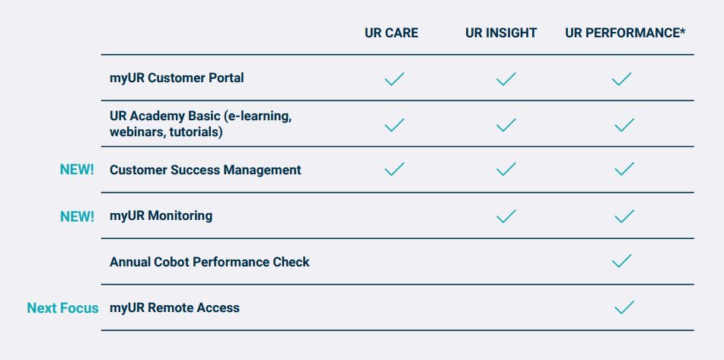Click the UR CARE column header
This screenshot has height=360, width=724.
tap(391, 33)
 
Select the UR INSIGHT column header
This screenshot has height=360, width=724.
tap(501, 33)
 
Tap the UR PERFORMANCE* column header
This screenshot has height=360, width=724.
tap(625, 33)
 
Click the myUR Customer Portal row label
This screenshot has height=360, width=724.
tap(177, 78)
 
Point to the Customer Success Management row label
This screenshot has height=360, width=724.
tap(206, 170)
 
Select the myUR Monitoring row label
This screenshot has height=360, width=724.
tap(161, 216)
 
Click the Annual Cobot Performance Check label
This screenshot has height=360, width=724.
tap(209, 262)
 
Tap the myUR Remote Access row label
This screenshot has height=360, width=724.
tap(174, 307)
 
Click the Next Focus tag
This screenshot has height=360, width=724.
tap(62, 307)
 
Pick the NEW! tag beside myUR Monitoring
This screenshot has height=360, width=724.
tap(77, 216)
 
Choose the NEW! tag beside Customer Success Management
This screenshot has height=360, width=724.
tap(77, 170)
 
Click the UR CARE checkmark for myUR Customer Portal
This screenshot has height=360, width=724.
tap(394, 79)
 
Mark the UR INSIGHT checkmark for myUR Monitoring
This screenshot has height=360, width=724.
tap(506, 216)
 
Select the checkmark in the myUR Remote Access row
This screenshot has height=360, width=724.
tap(624, 307)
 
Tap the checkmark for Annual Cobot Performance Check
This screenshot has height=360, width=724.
tap(621, 261)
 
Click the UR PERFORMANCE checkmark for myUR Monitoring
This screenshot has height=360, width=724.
tap(624, 216)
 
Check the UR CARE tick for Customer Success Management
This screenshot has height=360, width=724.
tap(394, 170)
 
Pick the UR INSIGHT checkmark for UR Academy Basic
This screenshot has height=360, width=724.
tap(506, 125)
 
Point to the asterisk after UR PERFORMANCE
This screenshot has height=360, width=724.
tap(682, 30)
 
